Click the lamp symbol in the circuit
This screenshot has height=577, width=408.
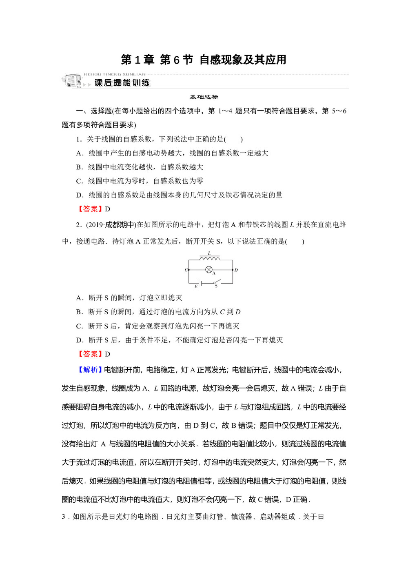pyautogui.click(x=209, y=270)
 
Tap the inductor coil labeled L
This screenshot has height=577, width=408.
pyautogui.click(x=209, y=258)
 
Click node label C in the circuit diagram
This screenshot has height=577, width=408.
pyautogui.click(x=186, y=270)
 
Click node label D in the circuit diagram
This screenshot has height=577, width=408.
pyautogui.click(x=236, y=270)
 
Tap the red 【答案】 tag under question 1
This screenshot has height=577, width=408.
pyautogui.click(x=90, y=209)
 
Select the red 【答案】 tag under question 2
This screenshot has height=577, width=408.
pyautogui.click(x=90, y=354)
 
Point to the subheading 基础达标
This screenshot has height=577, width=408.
pyautogui.click(x=204, y=97)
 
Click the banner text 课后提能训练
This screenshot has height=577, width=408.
pyautogui.click(x=122, y=83)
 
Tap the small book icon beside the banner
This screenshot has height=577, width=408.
pyautogui.click(x=72, y=80)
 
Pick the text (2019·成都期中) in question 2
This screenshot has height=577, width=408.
pyautogui.click(x=111, y=225)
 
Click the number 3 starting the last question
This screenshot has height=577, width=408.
pyautogui.click(x=63, y=517)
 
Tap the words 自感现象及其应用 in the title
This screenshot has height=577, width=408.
pyautogui.click(x=243, y=60)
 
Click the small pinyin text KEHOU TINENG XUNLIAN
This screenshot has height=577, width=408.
pyautogui.click(x=115, y=74)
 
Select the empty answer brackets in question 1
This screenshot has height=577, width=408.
pyautogui.click(x=233, y=139)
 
